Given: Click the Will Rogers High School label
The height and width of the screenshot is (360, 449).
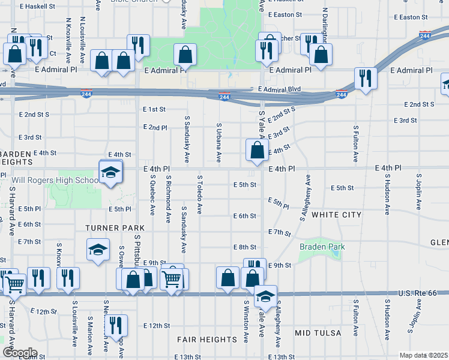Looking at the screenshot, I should (55, 180).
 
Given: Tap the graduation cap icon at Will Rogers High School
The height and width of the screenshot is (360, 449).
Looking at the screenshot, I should (110, 173).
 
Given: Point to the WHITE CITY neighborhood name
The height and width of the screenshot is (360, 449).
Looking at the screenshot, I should (336, 215).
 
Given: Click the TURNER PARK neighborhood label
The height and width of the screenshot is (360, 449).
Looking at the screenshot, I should (115, 228).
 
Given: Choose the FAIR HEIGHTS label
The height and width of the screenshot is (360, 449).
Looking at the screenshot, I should (206, 340).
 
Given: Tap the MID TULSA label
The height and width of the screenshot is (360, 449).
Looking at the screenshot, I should (318, 332).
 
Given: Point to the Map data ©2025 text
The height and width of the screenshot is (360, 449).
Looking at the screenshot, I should (423, 355).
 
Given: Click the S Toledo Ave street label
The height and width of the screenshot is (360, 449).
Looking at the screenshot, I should (199, 195).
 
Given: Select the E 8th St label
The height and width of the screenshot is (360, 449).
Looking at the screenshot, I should (245, 247).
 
